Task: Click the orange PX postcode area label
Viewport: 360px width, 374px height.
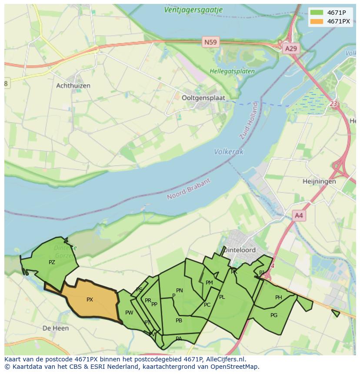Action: coord(90,300)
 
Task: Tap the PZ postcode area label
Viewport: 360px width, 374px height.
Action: coord(52,262)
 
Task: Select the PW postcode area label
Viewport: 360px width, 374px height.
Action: coord(129,313)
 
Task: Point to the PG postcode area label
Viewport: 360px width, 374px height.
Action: coord(274,315)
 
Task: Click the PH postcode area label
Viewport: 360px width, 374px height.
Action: coord(279,298)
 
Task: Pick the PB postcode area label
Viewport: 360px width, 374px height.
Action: coord(179,321)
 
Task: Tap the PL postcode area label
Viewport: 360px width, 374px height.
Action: coord(222,297)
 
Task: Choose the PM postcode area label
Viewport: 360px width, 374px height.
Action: coord(209,283)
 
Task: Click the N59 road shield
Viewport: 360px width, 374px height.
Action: coord(211,42)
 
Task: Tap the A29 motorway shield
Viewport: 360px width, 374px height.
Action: coord(290,49)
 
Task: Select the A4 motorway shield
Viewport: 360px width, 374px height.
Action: coord(299,215)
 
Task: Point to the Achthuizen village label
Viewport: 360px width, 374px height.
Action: coord(73,86)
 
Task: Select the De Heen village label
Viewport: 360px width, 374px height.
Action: coord(56,328)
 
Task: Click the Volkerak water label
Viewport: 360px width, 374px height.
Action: coord(229,152)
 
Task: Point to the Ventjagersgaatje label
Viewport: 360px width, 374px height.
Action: coord(193,10)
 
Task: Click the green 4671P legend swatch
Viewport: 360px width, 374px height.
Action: coord(317,12)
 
